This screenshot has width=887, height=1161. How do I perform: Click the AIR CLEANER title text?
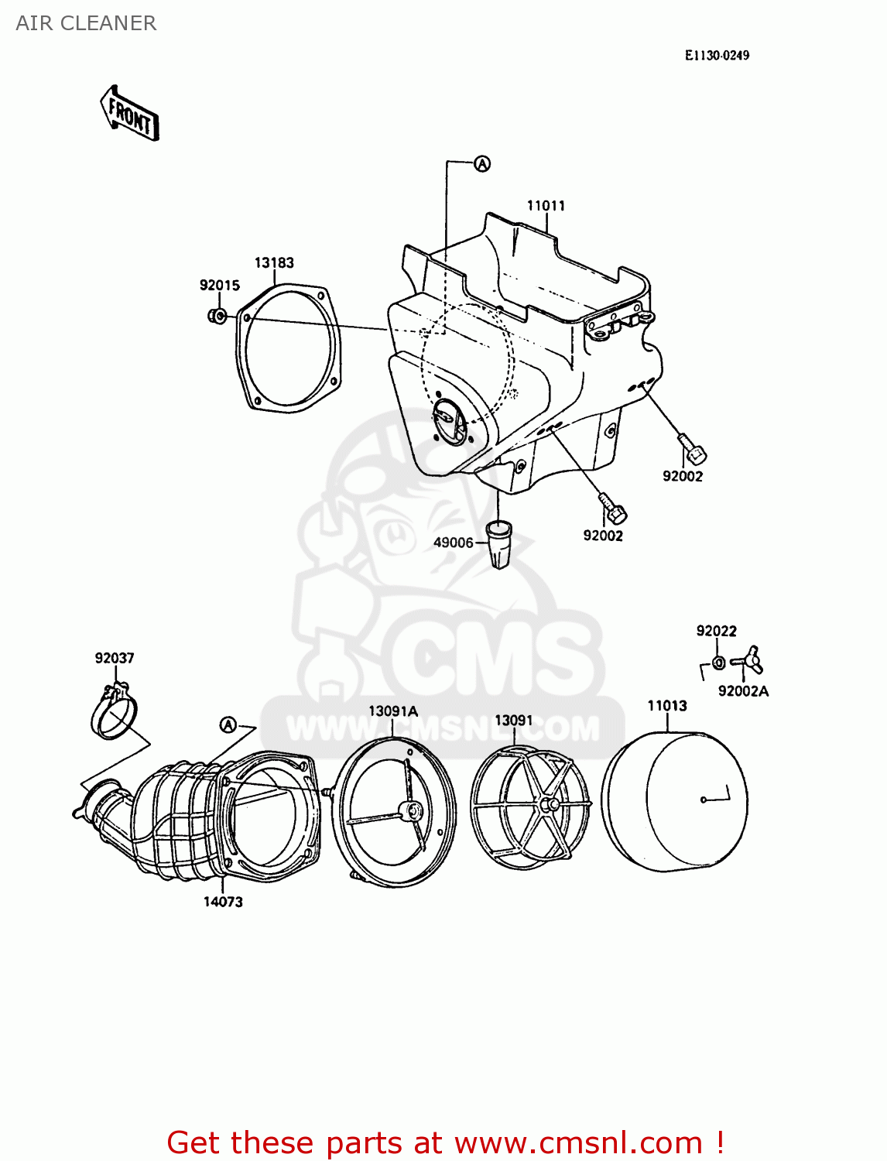(x=86, y=23)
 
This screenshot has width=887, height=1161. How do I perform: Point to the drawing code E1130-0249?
(x=716, y=55)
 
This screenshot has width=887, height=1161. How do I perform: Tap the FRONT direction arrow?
(x=130, y=114)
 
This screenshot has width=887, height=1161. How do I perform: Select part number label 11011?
(x=546, y=205)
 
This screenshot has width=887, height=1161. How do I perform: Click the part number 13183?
(x=274, y=262)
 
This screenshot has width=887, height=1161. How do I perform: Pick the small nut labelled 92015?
(x=217, y=315)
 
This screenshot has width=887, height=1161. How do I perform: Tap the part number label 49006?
(x=453, y=543)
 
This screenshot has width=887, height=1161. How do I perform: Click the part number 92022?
(x=716, y=631)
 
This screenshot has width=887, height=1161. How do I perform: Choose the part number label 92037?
(x=115, y=658)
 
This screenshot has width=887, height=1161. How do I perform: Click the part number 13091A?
(x=392, y=711)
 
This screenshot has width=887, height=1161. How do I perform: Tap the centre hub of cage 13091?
(x=550, y=805)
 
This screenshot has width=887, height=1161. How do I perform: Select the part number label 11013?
(x=666, y=705)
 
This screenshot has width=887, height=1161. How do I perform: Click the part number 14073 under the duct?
(x=223, y=902)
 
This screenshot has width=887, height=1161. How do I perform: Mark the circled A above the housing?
(x=482, y=163)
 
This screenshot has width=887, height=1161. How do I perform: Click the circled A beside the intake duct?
(x=228, y=724)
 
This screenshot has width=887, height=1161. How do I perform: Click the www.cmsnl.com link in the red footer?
(x=577, y=1142)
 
